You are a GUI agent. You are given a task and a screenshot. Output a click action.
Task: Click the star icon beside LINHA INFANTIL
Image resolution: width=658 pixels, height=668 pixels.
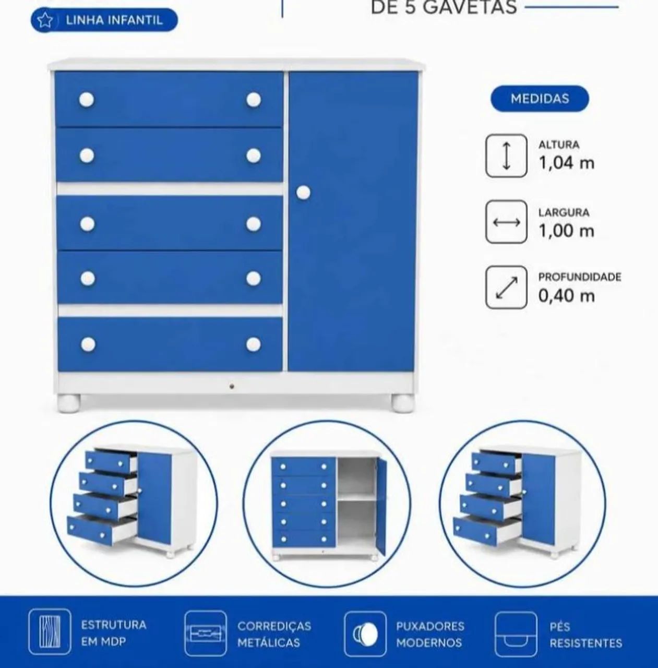point(45,21)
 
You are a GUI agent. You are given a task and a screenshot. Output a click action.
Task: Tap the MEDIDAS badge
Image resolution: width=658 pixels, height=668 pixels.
point(540,99)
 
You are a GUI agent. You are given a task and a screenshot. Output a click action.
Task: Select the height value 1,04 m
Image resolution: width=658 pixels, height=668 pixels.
point(567,163)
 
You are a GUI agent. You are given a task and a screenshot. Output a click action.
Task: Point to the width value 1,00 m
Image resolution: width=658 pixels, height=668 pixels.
point(567,231)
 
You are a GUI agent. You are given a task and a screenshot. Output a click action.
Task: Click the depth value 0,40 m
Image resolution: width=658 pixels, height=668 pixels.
point(567,296)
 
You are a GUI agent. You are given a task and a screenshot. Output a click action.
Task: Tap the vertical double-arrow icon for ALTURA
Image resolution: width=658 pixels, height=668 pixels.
point(506,156)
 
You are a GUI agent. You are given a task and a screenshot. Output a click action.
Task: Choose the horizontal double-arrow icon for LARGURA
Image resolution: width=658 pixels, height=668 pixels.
point(506,222)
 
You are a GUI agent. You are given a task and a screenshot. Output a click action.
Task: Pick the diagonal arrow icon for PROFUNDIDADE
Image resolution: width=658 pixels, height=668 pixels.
point(506,288)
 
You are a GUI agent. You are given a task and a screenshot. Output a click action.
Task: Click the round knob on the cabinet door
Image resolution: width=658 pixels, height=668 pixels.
point(303,193)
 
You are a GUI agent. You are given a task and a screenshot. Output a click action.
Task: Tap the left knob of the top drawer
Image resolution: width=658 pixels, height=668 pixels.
point(87,100)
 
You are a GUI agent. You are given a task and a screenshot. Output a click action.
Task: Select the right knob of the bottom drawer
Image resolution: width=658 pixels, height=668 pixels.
point(254,344)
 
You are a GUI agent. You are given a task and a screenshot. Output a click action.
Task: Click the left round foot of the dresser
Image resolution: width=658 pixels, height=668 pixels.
point(69,403)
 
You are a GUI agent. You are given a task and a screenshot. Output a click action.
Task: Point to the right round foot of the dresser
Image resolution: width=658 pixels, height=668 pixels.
point(403,403)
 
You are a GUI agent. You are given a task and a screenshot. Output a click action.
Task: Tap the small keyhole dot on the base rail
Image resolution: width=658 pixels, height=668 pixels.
point(232,386)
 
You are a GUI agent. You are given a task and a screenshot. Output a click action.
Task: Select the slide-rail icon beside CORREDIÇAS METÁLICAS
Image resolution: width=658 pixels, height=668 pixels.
point(206,634)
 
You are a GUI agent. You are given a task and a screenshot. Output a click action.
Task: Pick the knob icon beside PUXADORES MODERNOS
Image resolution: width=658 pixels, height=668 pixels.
point(365,634)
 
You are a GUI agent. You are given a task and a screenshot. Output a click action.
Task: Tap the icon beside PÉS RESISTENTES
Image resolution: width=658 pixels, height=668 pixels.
point(516,634)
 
